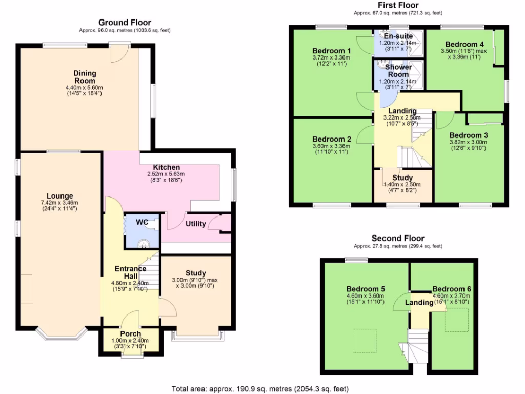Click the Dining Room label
[x=85, y=77]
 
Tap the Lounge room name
[x=59, y=195]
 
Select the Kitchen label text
[x=167, y=167]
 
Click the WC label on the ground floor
[x=142, y=222]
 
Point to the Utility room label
[x=195, y=224]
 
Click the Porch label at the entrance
[x=130, y=333]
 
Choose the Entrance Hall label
[x=130, y=272]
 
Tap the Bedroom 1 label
[x=331, y=51]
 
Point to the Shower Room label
[x=398, y=71]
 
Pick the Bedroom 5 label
[x=366, y=289]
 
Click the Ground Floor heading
[x=125, y=22]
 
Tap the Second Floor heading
[x=398, y=238]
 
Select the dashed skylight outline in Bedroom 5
[x=364, y=340]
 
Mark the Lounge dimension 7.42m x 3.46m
[x=60, y=203]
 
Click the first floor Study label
[x=402, y=178]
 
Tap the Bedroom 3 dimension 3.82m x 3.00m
[x=468, y=142]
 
